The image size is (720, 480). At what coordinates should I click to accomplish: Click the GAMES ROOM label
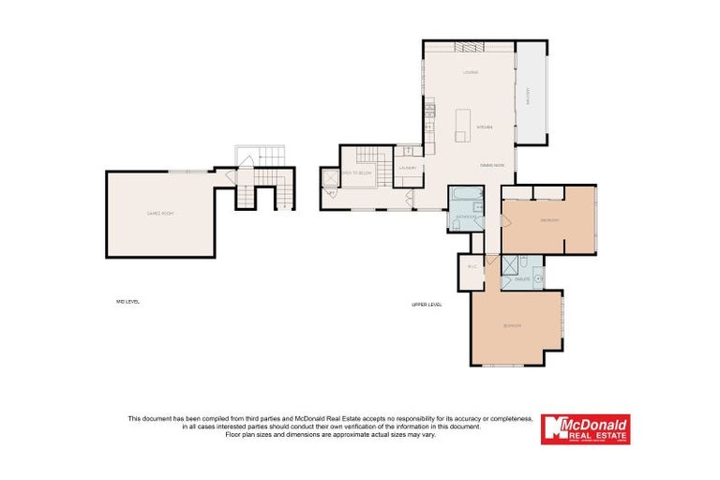(160, 214)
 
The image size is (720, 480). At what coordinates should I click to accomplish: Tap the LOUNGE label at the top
(471, 72)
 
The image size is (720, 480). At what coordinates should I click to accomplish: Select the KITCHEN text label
(485, 127)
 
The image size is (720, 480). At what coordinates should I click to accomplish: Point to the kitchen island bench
(462, 126)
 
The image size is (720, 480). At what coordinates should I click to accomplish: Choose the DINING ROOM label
(492, 165)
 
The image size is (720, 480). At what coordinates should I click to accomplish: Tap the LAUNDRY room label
(407, 168)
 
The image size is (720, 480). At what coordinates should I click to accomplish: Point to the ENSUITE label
(522, 279)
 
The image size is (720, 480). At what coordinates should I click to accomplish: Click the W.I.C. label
(472, 266)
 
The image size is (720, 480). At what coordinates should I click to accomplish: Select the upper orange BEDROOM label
(549, 220)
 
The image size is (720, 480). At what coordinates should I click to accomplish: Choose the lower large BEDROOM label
(512, 325)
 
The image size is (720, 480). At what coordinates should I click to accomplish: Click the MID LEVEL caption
(127, 301)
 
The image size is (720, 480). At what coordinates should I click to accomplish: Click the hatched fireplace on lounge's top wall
(468, 45)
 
